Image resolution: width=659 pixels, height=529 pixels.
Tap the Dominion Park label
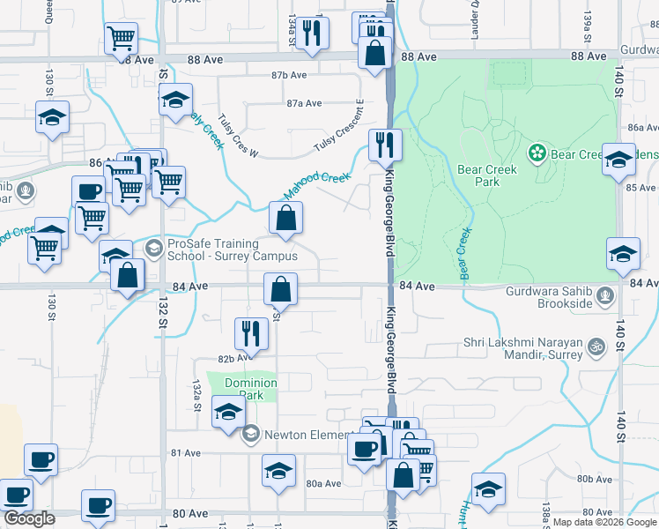point(250,389)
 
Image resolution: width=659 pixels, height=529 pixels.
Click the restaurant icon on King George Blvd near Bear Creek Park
point(385,145)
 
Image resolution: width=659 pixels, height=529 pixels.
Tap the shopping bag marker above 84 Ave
point(285,220)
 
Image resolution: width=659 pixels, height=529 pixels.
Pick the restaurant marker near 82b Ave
point(251,333)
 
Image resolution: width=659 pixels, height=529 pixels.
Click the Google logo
point(29,518)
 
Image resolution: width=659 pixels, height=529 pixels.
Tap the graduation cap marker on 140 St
point(623,254)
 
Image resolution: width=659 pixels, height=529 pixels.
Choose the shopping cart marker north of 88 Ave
point(122,39)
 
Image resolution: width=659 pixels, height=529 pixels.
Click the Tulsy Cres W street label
point(237,135)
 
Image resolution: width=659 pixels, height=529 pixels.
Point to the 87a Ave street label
point(304,103)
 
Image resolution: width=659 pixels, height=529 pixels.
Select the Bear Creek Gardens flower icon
point(537,154)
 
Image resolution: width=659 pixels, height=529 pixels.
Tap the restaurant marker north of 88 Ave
point(312,33)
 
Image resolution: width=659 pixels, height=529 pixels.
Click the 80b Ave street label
point(595,479)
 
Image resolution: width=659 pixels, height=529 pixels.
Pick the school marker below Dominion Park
point(228,414)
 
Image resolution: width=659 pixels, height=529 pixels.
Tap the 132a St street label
point(198,390)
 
